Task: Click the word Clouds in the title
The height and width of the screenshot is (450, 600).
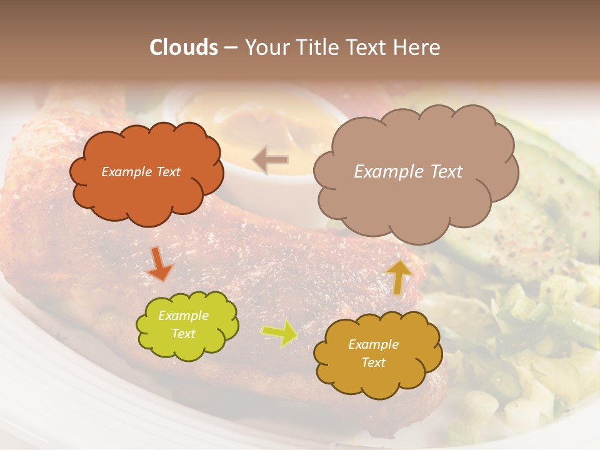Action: [184, 47]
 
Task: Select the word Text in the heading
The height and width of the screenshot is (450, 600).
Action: [367, 47]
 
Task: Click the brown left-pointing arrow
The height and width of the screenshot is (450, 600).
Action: [271, 159]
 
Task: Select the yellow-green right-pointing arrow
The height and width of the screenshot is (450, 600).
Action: [279, 333]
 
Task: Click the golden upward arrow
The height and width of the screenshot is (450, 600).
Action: [399, 277]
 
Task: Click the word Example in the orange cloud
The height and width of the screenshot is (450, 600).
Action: [126, 172]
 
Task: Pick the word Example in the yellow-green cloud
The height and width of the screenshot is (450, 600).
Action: [184, 316]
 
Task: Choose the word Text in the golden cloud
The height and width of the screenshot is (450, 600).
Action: [374, 362]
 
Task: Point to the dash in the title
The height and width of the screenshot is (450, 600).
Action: [231, 47]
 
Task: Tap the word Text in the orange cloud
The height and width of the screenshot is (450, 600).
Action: [167, 172]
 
